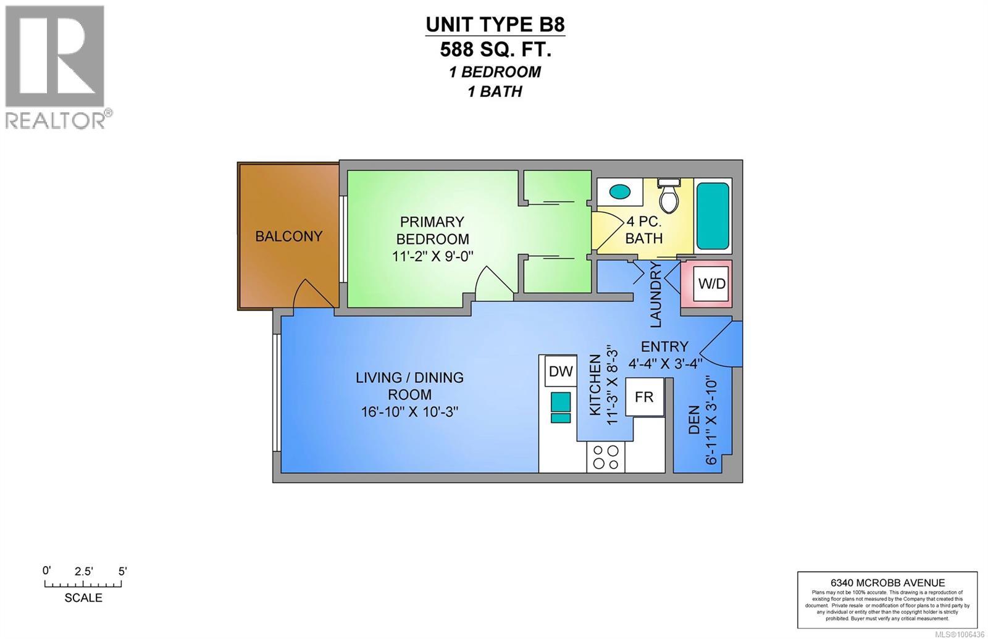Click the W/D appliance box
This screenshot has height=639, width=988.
[x=711, y=284]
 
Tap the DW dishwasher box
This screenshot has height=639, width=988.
[x=561, y=372]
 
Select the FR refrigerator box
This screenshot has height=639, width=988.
[x=644, y=396]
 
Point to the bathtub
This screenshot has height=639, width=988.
[x=713, y=215]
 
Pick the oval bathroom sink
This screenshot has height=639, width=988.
[x=618, y=191]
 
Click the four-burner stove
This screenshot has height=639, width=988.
[x=605, y=457]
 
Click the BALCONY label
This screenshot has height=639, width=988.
[x=289, y=236]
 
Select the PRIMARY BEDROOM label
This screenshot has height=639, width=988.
[x=432, y=230]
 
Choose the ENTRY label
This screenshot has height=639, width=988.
[x=664, y=346]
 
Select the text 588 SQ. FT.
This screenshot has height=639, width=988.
[x=495, y=49]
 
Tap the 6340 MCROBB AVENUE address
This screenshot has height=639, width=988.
[x=887, y=582]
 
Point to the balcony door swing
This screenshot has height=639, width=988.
[x=312, y=293]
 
